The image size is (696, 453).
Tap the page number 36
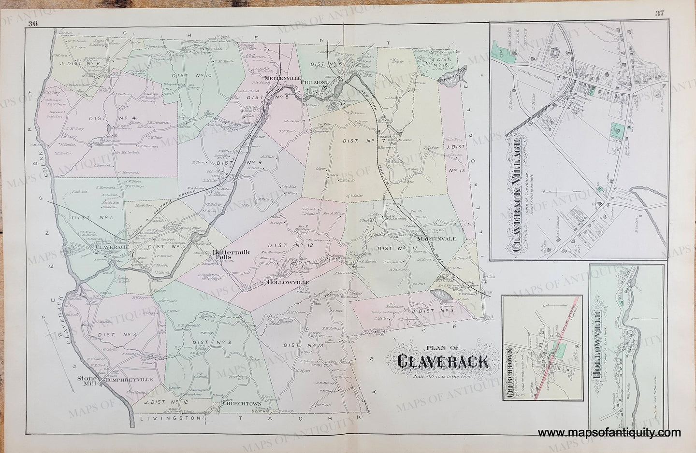click(33, 24)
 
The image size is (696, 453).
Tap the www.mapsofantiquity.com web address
click(609, 433)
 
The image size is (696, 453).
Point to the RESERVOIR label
click(456, 76)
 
